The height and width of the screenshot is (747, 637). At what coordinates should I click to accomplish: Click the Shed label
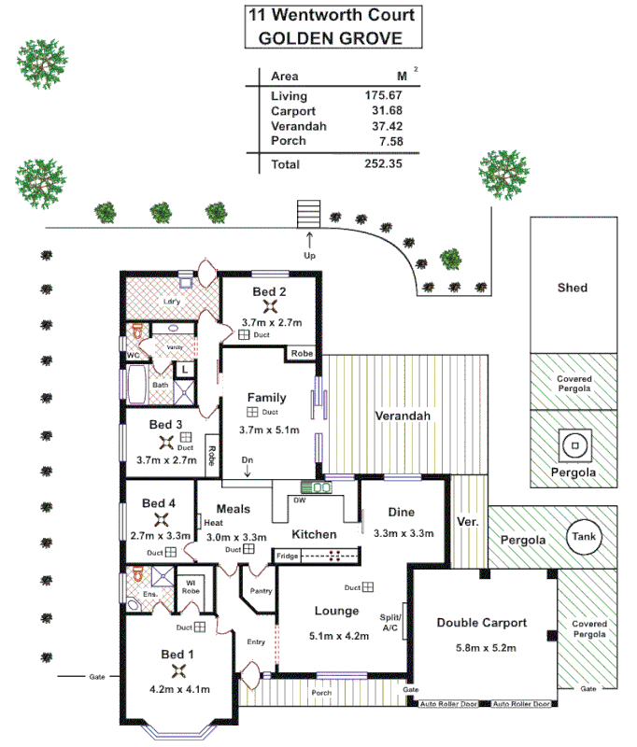tap(572, 288)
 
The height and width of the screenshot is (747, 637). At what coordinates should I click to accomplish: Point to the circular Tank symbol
tap(585, 537)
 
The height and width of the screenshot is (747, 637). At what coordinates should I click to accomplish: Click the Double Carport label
tap(482, 623)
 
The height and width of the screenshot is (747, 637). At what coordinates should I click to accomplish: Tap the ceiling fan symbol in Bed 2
tap(271, 306)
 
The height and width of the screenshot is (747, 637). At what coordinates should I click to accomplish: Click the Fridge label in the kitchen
tap(287, 557)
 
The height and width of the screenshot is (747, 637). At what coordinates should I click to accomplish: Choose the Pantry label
tap(261, 590)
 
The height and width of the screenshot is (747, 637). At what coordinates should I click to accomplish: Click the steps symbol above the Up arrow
tap(308, 213)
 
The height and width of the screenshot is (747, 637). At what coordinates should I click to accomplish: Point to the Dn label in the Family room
tap(247, 460)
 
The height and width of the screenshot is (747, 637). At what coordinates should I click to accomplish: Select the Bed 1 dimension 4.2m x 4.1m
tap(177, 689)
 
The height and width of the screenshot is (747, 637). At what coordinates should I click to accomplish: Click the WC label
tap(133, 355)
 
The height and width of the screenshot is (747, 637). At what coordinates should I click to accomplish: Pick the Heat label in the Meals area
tap(201, 524)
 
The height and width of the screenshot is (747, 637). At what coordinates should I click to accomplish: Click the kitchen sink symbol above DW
tap(316, 486)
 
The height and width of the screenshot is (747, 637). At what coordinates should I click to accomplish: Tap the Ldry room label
tap(171, 302)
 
